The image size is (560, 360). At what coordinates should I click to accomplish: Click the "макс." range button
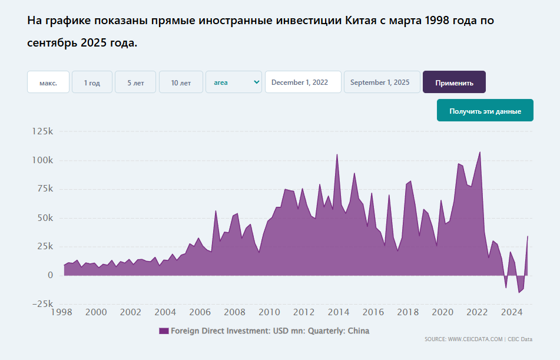point(48,82)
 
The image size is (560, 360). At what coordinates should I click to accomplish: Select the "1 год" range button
point(92,82)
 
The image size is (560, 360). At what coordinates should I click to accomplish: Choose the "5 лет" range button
point(135,82)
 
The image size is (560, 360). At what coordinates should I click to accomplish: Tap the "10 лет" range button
point(181,82)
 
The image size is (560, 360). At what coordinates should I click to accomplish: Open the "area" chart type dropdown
point(233,82)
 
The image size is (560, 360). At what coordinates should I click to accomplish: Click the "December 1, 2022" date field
point(303,82)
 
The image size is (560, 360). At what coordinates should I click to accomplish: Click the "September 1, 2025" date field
point(382,82)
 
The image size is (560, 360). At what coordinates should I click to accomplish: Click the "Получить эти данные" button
point(485,111)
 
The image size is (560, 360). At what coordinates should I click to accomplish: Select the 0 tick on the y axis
point(50,275)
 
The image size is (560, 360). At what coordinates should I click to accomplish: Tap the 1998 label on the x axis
point(62,312)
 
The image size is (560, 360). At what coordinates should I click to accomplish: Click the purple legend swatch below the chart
point(164,331)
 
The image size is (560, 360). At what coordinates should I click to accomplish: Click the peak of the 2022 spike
point(480,152)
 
